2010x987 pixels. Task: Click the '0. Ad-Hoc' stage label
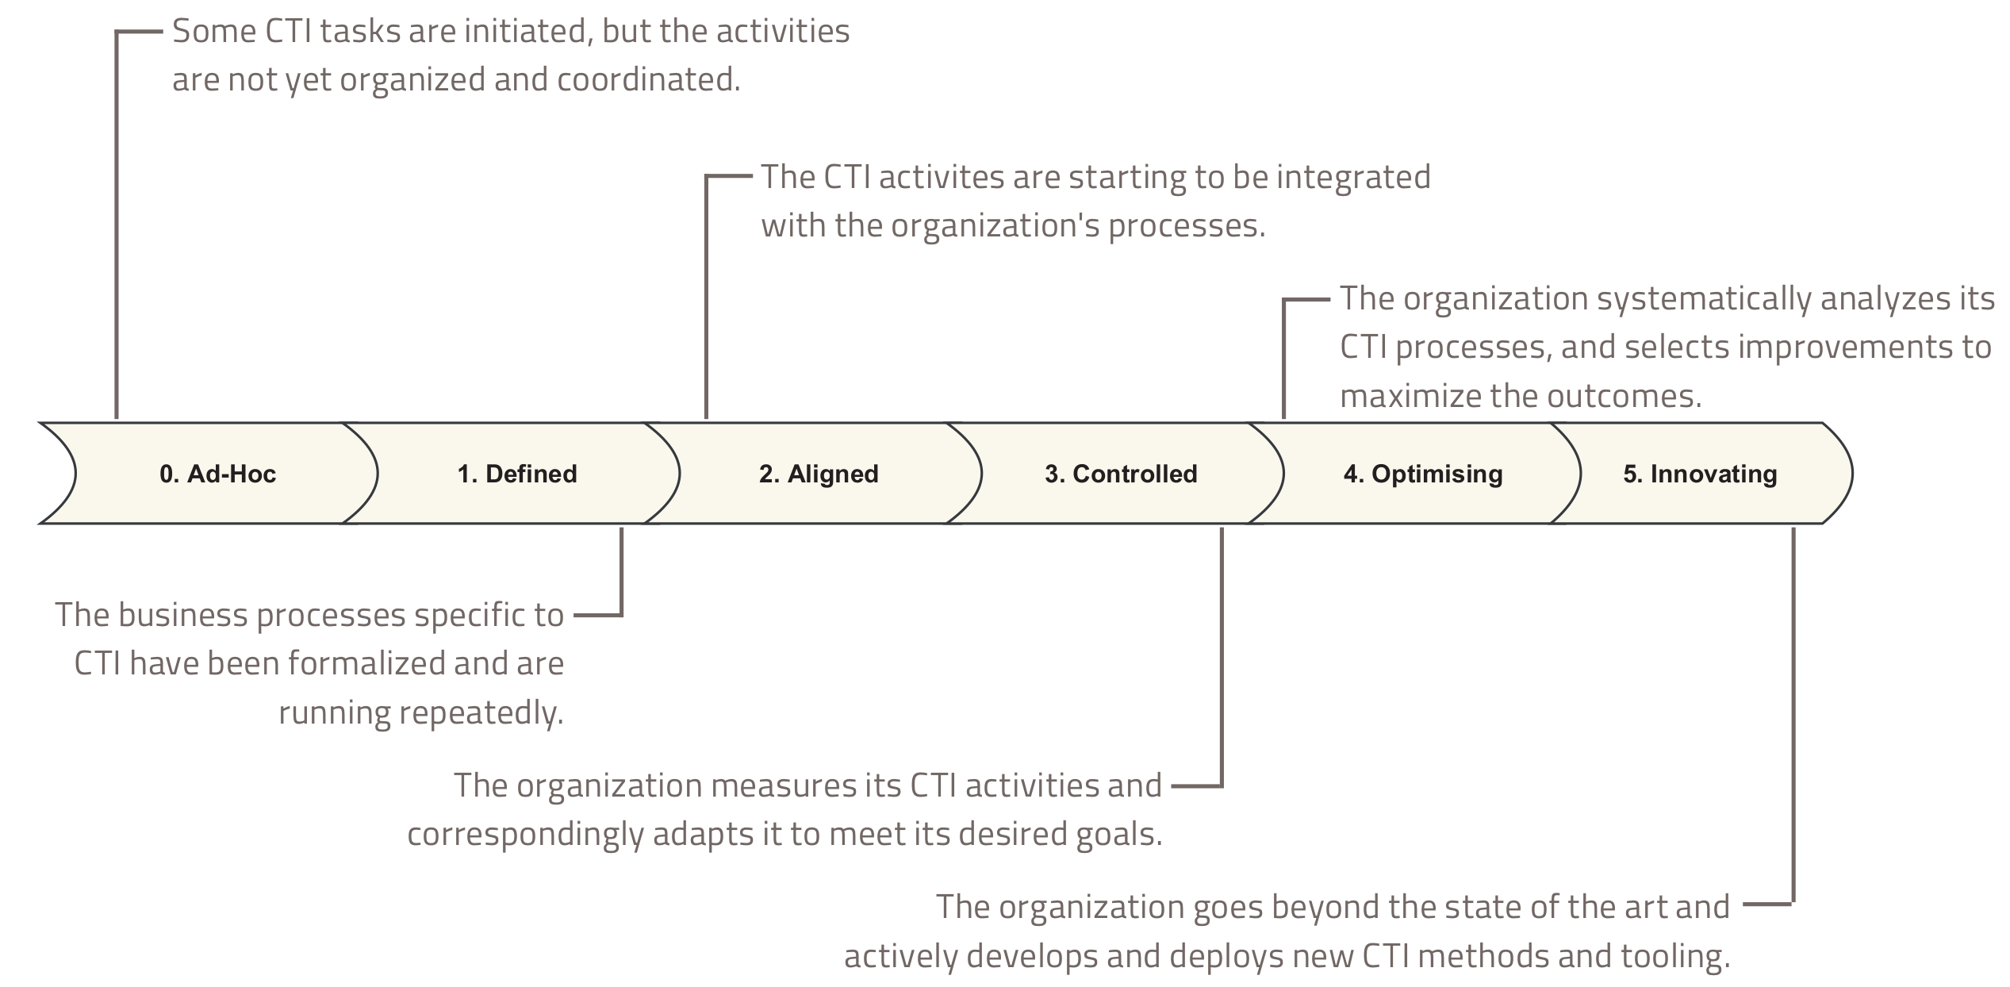point(217,474)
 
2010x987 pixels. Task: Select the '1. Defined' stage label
point(517,474)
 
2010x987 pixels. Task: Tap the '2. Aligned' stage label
point(819,474)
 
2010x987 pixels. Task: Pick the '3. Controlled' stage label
point(1121,474)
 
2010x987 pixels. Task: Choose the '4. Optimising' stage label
point(1423,474)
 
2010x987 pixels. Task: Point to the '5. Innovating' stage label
point(1700,474)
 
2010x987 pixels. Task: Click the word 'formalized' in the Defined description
point(366,663)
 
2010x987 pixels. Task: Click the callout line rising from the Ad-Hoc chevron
point(117,238)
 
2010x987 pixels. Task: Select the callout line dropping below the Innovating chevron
point(1793,714)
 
